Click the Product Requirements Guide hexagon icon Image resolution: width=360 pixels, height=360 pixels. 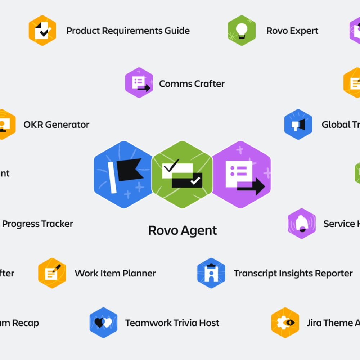42,31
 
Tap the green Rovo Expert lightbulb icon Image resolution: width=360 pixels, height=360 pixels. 242,31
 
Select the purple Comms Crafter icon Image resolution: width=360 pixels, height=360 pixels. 139,83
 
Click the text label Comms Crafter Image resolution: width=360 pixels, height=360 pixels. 192,84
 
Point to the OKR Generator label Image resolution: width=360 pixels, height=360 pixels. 56,125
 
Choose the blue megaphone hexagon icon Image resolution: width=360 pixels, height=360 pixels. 298,125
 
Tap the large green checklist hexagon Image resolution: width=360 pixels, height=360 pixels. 182,175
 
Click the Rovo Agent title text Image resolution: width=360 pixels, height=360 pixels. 183,230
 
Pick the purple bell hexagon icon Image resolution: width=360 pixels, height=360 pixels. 302,224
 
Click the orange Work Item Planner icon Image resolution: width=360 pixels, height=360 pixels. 52,273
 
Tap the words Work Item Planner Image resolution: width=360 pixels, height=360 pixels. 115,274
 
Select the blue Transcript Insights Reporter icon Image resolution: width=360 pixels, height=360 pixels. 211,273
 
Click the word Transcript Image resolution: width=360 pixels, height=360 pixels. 254,274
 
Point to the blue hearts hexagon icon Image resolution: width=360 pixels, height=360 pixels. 103,323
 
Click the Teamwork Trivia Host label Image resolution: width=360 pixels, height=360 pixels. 172,323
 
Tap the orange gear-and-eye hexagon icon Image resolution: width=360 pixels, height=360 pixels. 285,323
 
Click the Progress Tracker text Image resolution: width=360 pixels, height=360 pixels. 37,224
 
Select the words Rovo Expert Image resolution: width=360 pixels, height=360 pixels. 292,31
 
